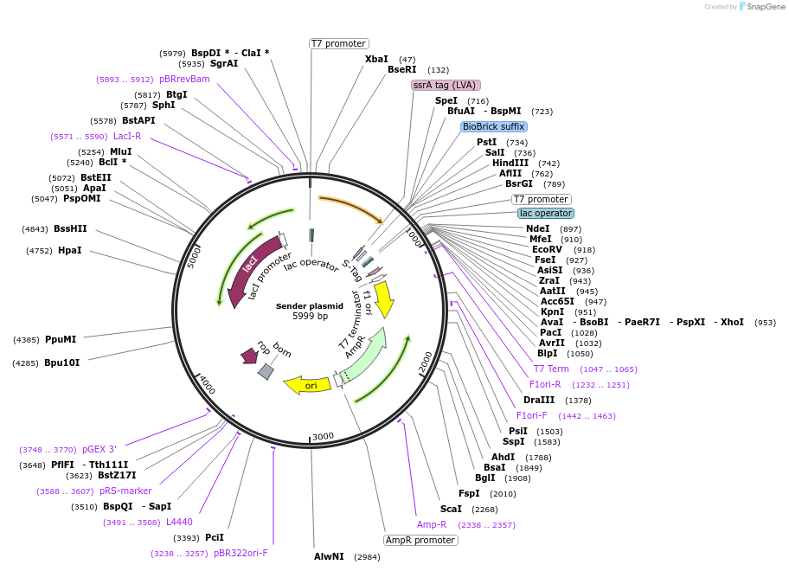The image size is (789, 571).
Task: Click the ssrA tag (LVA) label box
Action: (x=446, y=85)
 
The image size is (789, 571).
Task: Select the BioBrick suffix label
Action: (x=494, y=126)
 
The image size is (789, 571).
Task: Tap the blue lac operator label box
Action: (x=545, y=213)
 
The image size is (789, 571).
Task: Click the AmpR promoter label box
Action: (x=420, y=540)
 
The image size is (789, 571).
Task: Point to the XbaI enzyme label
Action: (x=376, y=59)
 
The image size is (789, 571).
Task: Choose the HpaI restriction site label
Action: (x=69, y=251)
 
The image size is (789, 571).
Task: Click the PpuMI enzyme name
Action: (x=61, y=340)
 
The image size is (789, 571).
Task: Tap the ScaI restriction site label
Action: (x=451, y=510)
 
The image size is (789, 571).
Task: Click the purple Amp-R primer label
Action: (x=432, y=525)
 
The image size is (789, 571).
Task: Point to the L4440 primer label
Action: (x=179, y=523)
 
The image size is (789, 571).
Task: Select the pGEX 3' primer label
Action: (x=99, y=449)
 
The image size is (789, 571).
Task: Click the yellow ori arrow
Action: (x=308, y=384)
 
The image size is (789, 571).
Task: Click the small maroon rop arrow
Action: (x=250, y=355)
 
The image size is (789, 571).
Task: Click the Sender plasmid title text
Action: (x=310, y=306)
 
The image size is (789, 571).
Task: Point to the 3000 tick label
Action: (x=323, y=437)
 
